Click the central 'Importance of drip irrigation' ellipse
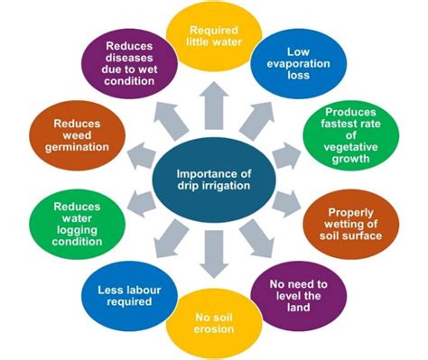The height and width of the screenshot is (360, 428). pos(214,180)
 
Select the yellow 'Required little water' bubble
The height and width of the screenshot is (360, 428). pos(214,36)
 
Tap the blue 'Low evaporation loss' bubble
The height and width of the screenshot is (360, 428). pos(299,63)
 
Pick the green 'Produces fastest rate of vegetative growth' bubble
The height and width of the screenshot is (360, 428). pos(350,135)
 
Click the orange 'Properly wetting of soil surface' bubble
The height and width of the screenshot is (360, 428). pos(351,225)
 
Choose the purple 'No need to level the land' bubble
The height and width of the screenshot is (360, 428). pos(299,296)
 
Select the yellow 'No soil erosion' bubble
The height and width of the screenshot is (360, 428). pos(214,324)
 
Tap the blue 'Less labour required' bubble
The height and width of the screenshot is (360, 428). pos(129,296)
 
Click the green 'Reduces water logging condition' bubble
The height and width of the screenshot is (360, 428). pos(77,225)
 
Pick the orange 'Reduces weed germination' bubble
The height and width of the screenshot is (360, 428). pos(77,135)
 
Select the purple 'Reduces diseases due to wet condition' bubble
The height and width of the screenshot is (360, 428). pos(129,63)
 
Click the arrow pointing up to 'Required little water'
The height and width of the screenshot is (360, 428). pos(214,106)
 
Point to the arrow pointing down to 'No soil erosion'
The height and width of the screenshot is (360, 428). pos(214,254)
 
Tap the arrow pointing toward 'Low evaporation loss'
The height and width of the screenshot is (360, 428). pos(256,121)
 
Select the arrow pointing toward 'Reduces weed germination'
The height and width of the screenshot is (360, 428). pos(142,156)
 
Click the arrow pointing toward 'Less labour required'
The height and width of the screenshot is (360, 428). pos(172,238)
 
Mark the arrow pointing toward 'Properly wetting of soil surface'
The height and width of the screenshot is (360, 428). pos(286,204)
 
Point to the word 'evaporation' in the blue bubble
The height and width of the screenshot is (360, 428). pos(298,64)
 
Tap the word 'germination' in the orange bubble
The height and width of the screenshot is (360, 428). pos(77,147)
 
